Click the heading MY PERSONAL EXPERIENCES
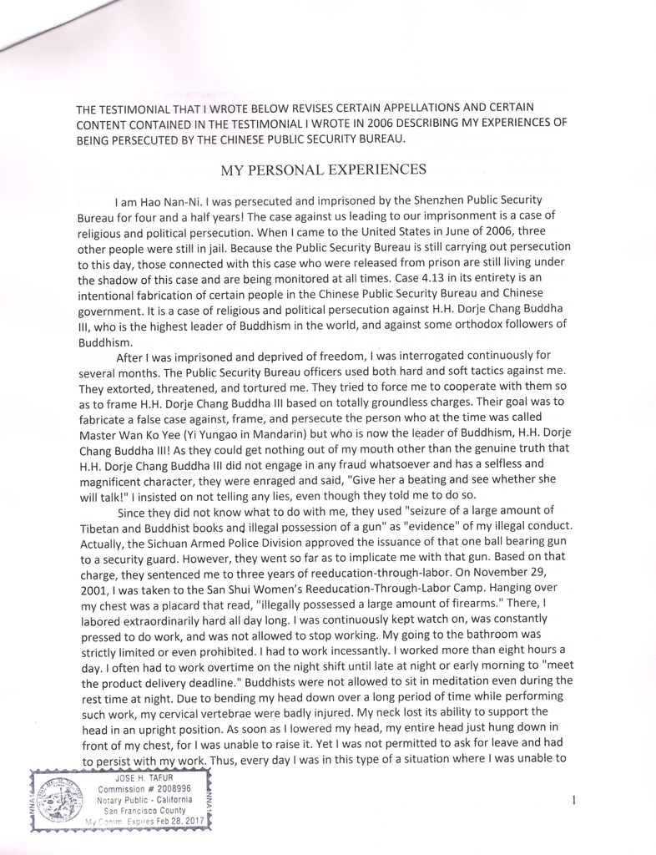[x=323, y=170]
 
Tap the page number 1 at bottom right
[x=575, y=801]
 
